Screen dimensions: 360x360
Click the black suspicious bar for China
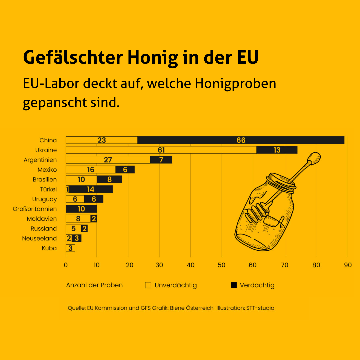pyautogui.click(x=241, y=140)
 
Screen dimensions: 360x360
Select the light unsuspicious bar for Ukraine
pyautogui.click(x=161, y=150)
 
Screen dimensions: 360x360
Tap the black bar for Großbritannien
pyautogui.click(x=81, y=209)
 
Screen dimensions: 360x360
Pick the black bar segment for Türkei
pyautogui.click(x=91, y=189)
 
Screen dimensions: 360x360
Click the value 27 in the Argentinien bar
pyautogui.click(x=108, y=160)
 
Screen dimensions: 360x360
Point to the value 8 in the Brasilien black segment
pyautogui.click(x=109, y=180)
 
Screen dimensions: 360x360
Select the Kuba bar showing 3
pyautogui.click(x=70, y=248)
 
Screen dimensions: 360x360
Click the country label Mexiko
pyautogui.click(x=47, y=170)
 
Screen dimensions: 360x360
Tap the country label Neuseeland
pyautogui.click(x=39, y=238)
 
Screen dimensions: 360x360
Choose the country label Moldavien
pyautogui.click(x=42, y=219)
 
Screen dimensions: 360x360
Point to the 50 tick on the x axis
pyautogui.click(x=222, y=265)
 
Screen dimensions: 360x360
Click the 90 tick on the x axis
pyautogui.click(x=347, y=265)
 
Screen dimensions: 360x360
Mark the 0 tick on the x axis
pyautogui.click(x=66, y=265)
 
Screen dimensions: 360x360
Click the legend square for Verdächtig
pyautogui.click(x=234, y=285)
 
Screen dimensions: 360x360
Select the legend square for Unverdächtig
pyautogui.click(x=148, y=285)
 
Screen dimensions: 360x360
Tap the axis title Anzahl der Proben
pyautogui.click(x=94, y=285)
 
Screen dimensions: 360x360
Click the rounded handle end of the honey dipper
pyautogui.click(x=314, y=157)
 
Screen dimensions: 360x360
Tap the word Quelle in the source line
pyautogui.click(x=76, y=308)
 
